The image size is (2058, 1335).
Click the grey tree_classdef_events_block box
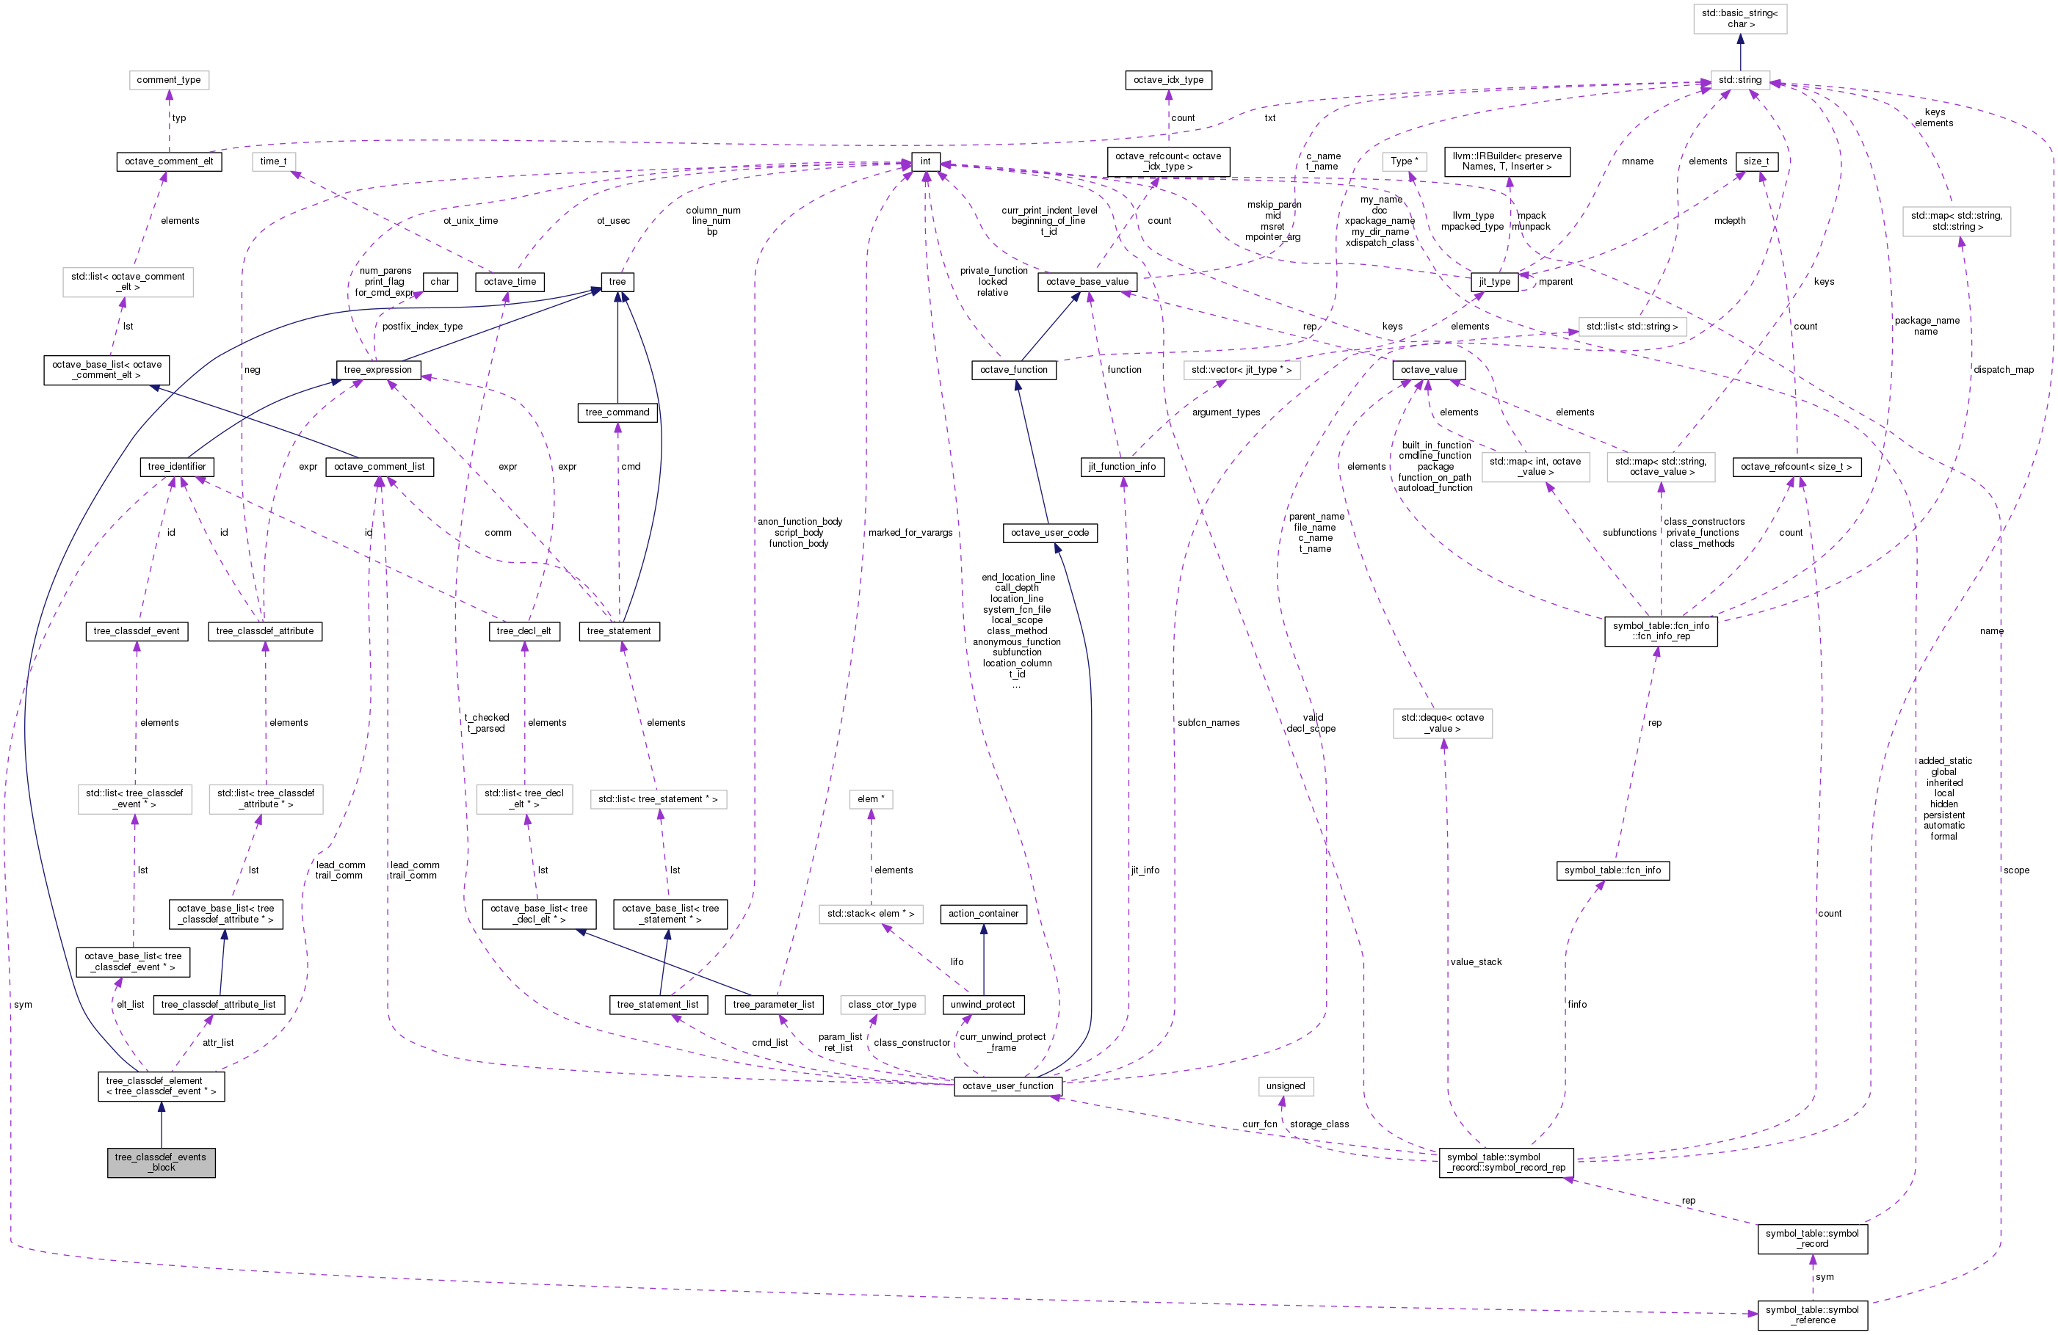[x=161, y=1162]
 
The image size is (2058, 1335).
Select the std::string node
[x=1740, y=79]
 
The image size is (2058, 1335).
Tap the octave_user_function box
[x=1007, y=1086]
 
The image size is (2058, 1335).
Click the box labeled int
[x=925, y=161]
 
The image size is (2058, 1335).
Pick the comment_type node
[x=169, y=79]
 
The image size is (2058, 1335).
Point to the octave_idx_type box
[x=1168, y=79]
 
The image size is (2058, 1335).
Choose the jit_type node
[x=1494, y=282]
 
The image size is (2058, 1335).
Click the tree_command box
[x=617, y=412]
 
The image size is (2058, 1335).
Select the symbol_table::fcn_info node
[x=1612, y=870]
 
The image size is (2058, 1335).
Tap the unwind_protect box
[x=982, y=1005]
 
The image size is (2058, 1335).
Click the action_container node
[x=983, y=913]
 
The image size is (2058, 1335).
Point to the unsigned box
[x=1285, y=1086]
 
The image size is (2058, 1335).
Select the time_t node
[x=273, y=161]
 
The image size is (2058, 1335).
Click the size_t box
[x=1756, y=161]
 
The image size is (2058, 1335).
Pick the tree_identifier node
[x=176, y=467]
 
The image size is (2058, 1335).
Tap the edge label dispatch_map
[x=2003, y=370]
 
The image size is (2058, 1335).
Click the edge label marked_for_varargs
[x=910, y=533]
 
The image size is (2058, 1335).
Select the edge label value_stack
[x=1476, y=961]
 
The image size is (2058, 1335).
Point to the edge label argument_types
[x=1225, y=412]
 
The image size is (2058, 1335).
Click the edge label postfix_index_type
[x=422, y=327]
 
